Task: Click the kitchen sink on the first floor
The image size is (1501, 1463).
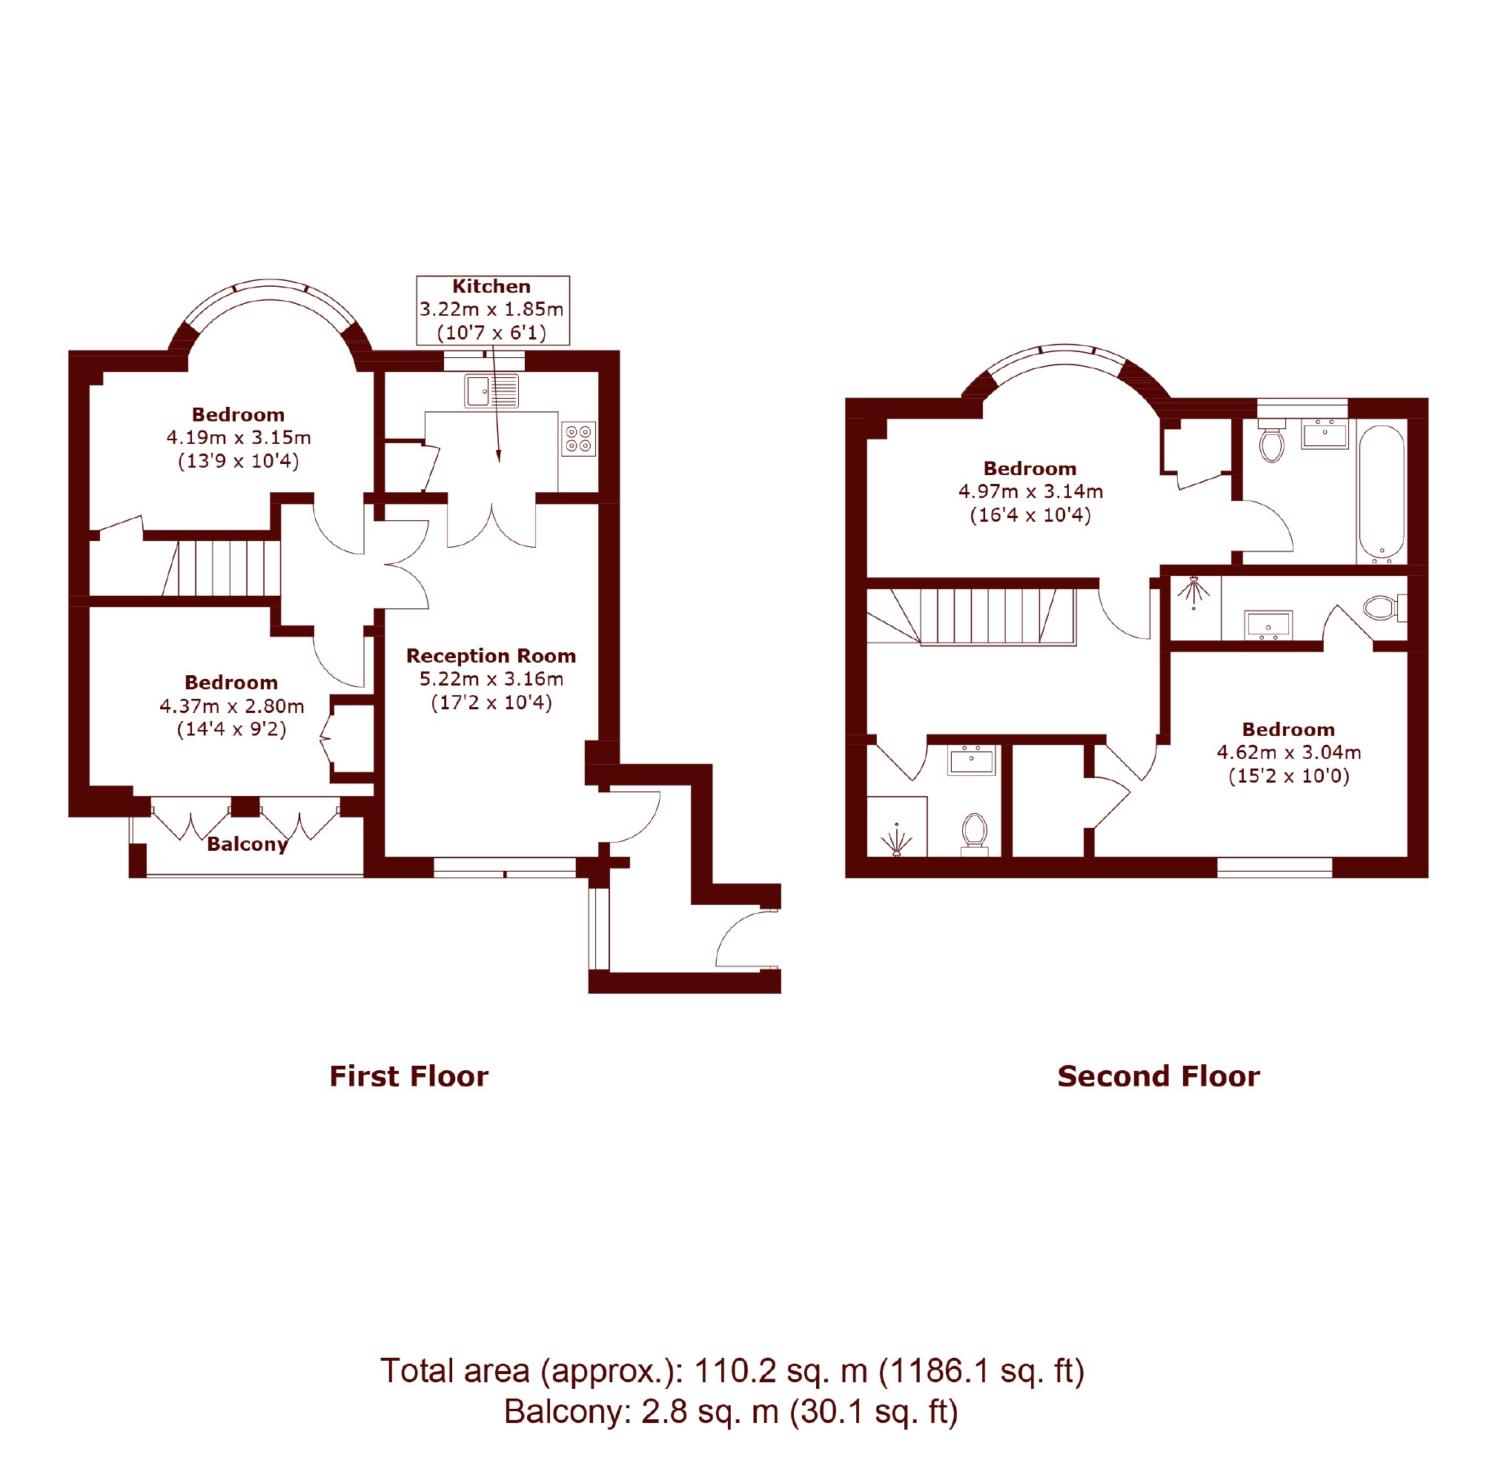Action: point(491,391)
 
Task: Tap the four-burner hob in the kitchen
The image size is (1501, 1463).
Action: point(579,439)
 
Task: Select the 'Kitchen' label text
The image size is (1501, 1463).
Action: point(491,287)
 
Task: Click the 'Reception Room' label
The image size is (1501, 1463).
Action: point(491,655)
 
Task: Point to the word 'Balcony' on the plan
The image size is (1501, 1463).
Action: point(248,844)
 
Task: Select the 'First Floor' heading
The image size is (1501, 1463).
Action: point(409,1077)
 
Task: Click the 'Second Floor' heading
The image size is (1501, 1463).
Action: point(1159,1077)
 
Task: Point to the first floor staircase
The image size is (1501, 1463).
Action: point(222,568)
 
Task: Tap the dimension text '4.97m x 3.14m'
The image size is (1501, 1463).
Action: point(1030,492)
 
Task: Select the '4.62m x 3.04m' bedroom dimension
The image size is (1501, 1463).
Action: point(1289,752)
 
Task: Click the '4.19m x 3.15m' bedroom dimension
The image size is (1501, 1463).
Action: point(238,438)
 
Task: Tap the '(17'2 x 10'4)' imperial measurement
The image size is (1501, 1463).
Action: point(491,703)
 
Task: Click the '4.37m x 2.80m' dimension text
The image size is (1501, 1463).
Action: point(231,706)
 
